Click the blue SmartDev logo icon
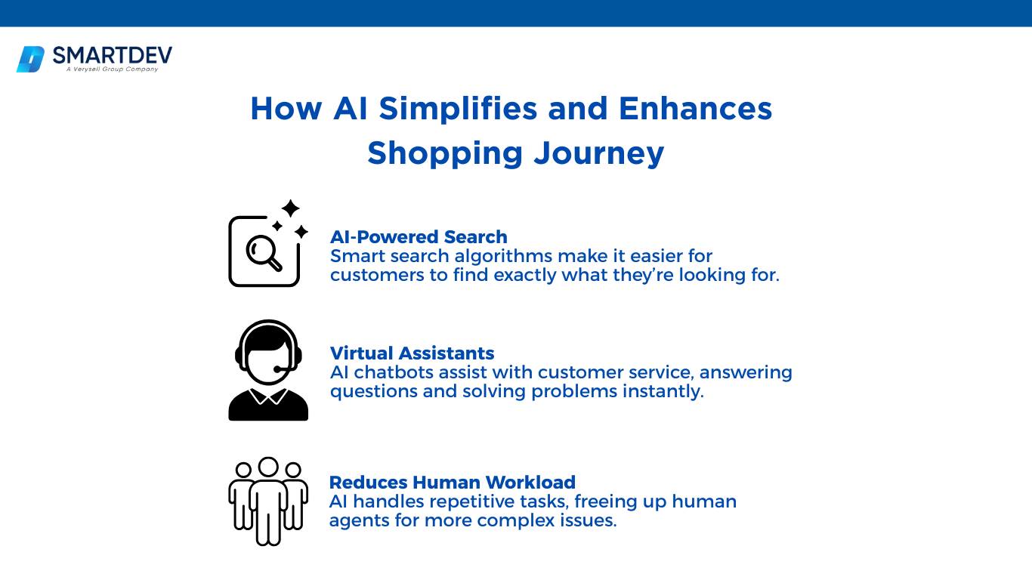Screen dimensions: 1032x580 pyautogui.click(x=30, y=59)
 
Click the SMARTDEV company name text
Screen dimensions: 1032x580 pyautogui.click(x=113, y=55)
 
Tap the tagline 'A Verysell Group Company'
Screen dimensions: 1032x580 pyautogui.click(x=112, y=69)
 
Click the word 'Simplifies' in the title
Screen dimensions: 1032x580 pyautogui.click(x=458, y=109)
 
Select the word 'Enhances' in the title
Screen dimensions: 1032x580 pyautogui.click(x=695, y=109)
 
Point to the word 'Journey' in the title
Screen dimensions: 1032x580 pyautogui.click(x=599, y=153)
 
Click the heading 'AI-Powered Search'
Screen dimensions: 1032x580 pyautogui.click(x=419, y=237)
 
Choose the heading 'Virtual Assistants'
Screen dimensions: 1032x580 pyautogui.click(x=412, y=353)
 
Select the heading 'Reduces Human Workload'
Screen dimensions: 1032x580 pyautogui.click(x=452, y=483)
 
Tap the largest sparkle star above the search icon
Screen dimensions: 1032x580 pyautogui.click(x=290, y=208)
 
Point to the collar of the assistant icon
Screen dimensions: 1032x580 pyautogui.click(x=268, y=396)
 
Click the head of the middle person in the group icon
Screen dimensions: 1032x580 pyautogui.click(x=268, y=467)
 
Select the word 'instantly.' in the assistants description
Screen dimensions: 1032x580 pyautogui.click(x=663, y=392)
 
